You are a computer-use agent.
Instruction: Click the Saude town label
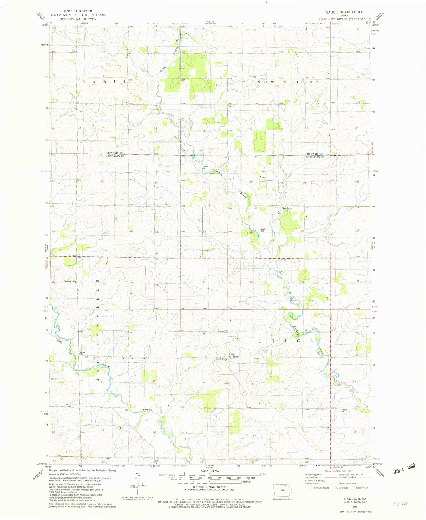[285, 208]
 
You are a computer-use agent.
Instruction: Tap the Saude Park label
[263, 230]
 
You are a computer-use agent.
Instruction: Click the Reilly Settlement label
[234, 355]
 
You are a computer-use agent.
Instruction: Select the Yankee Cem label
[83, 353]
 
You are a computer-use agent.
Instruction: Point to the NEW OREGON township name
[288, 82]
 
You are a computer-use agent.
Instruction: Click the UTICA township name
[286, 341]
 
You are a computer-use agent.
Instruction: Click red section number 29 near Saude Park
[251, 232]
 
